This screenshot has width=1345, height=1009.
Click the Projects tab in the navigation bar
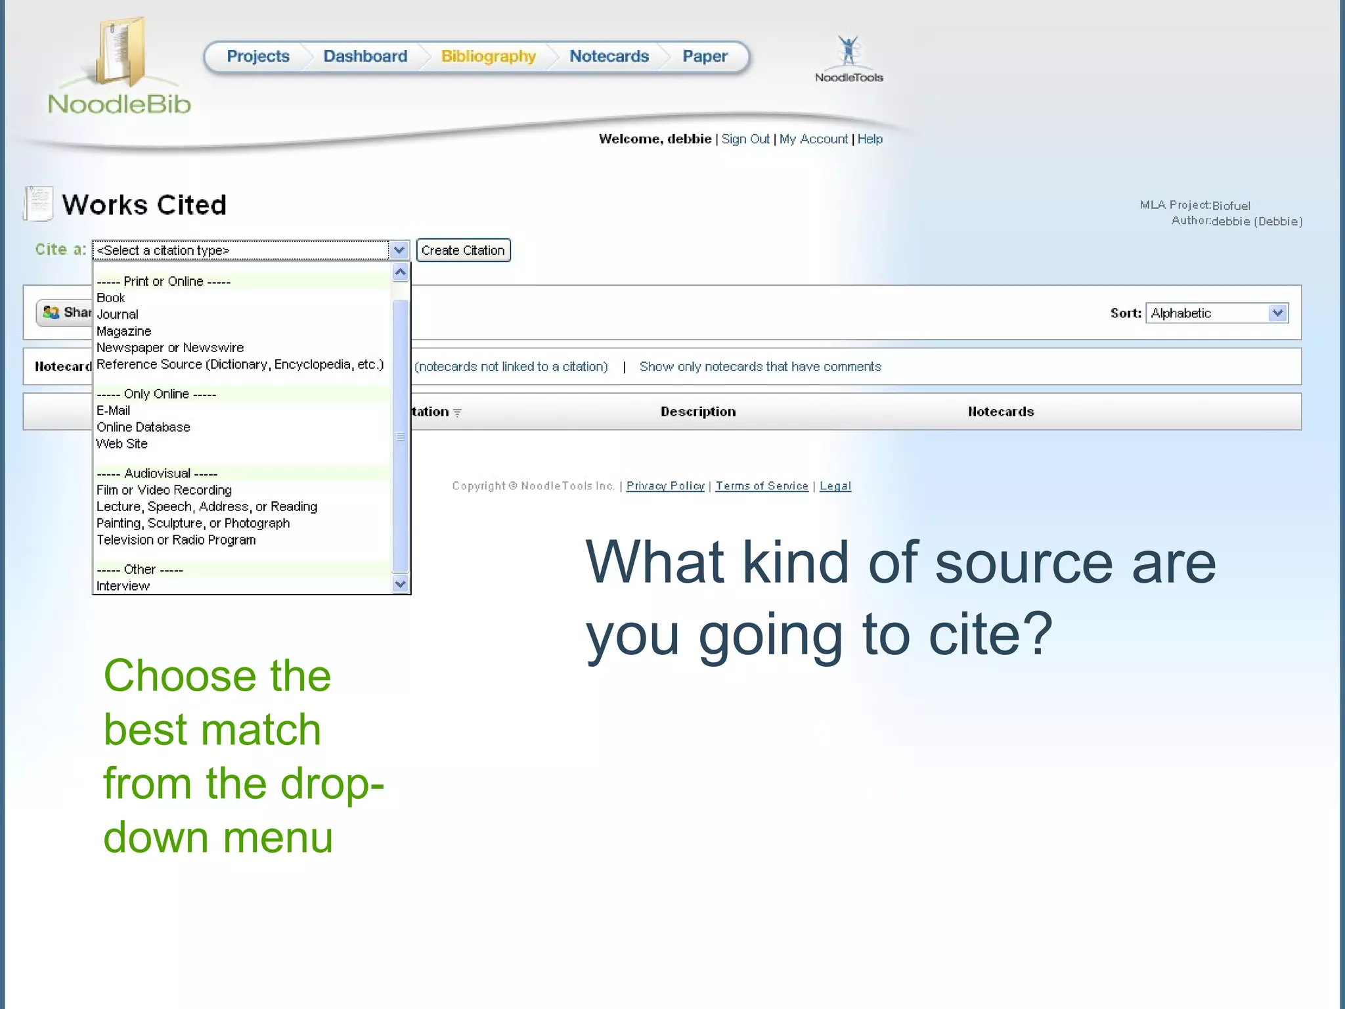tap(258, 56)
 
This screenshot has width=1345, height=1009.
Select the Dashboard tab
tap(365, 56)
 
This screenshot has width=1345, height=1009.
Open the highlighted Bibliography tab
tap(489, 56)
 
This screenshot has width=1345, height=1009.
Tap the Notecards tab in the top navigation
tap(609, 56)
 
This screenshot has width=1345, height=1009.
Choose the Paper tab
tap(705, 56)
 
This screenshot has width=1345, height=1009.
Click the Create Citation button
tap(463, 250)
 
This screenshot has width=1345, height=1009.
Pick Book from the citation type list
tap(111, 298)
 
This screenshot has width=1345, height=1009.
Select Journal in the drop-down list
tap(118, 315)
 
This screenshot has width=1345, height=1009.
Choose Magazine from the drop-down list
tap(124, 331)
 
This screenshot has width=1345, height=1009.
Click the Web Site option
tap(122, 444)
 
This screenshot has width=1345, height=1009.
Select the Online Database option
tap(143, 427)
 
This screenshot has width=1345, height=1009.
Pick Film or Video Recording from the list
tap(164, 490)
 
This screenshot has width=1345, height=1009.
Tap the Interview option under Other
tap(123, 586)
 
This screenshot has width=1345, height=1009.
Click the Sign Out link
tap(745, 139)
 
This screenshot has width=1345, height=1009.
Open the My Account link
tap(813, 139)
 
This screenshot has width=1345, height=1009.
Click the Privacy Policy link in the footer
tap(665, 486)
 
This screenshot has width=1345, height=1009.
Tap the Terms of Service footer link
tap(762, 486)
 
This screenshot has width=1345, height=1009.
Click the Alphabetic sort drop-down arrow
tap(1277, 313)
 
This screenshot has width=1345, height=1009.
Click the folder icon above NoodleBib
tap(120, 53)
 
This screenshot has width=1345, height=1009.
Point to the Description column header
tap(698, 412)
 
